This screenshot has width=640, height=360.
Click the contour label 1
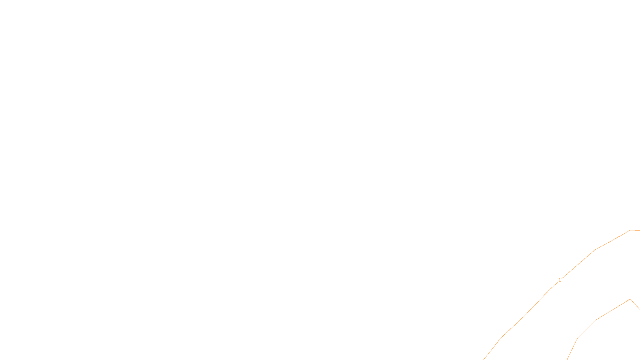(560, 280)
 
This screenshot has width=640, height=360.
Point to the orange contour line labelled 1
(524, 316)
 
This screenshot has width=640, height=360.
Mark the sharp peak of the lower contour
(630, 299)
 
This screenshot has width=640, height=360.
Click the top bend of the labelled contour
(630, 230)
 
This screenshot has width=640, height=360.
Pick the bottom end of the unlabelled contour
(567, 359)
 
